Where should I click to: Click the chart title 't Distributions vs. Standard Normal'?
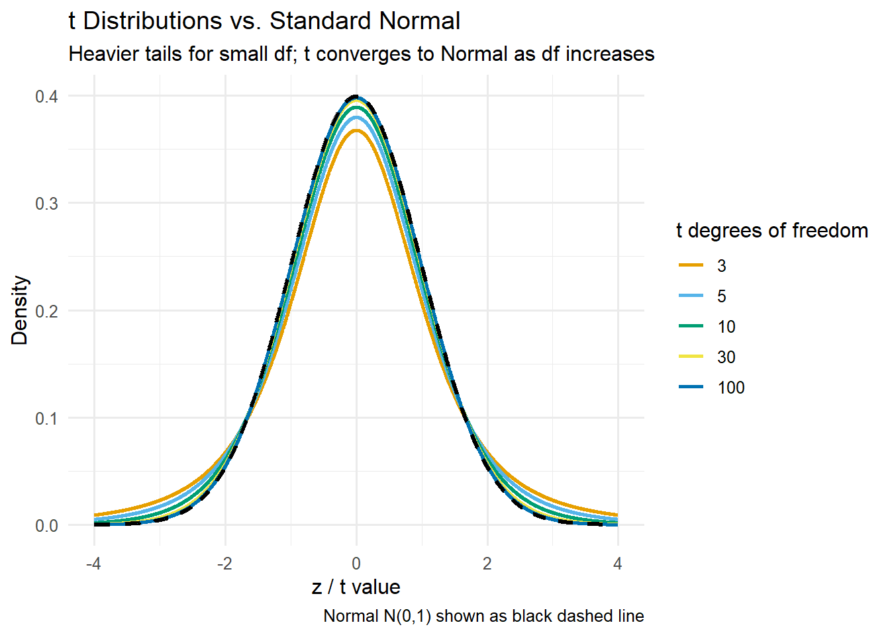coord(264,21)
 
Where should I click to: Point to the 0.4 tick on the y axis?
coord(46,97)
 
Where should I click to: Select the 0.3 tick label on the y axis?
coord(46,204)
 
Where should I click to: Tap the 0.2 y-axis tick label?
coord(46,311)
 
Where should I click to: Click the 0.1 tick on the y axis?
coord(46,418)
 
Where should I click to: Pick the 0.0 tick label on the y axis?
coord(46,526)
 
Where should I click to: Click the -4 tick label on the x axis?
coord(93,564)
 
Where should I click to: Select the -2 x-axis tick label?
coord(224,564)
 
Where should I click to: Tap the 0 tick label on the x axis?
coord(356,564)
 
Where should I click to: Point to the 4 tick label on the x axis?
coord(618,564)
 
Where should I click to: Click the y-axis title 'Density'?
coord(20,310)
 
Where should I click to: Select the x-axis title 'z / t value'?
coord(356,587)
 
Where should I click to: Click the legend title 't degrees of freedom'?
coord(771,230)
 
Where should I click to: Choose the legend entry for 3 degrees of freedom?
coord(721,266)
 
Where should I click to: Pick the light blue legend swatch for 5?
coord(691,296)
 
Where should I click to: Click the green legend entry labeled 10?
coord(726,327)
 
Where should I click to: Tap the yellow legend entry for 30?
coord(726,357)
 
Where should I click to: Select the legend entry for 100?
coord(730,388)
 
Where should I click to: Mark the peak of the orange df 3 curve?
coord(356,130)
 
